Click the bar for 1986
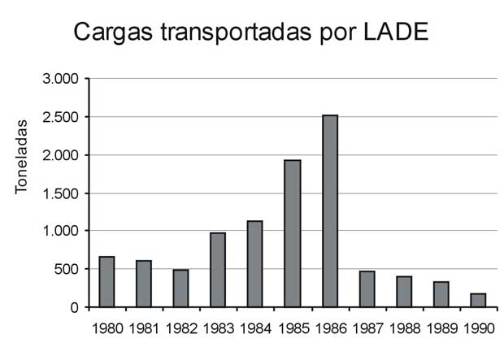click(x=329, y=211)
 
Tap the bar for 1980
click(x=106, y=282)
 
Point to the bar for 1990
click(x=477, y=300)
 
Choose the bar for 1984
click(x=255, y=264)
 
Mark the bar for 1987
click(x=367, y=289)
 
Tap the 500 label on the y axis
click(x=66, y=269)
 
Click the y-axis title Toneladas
click(x=23, y=154)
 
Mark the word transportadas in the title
click(x=228, y=33)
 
